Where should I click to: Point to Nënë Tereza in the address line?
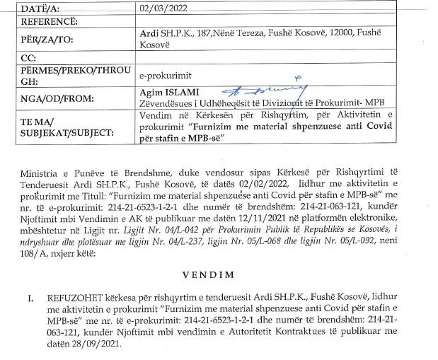(239, 33)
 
